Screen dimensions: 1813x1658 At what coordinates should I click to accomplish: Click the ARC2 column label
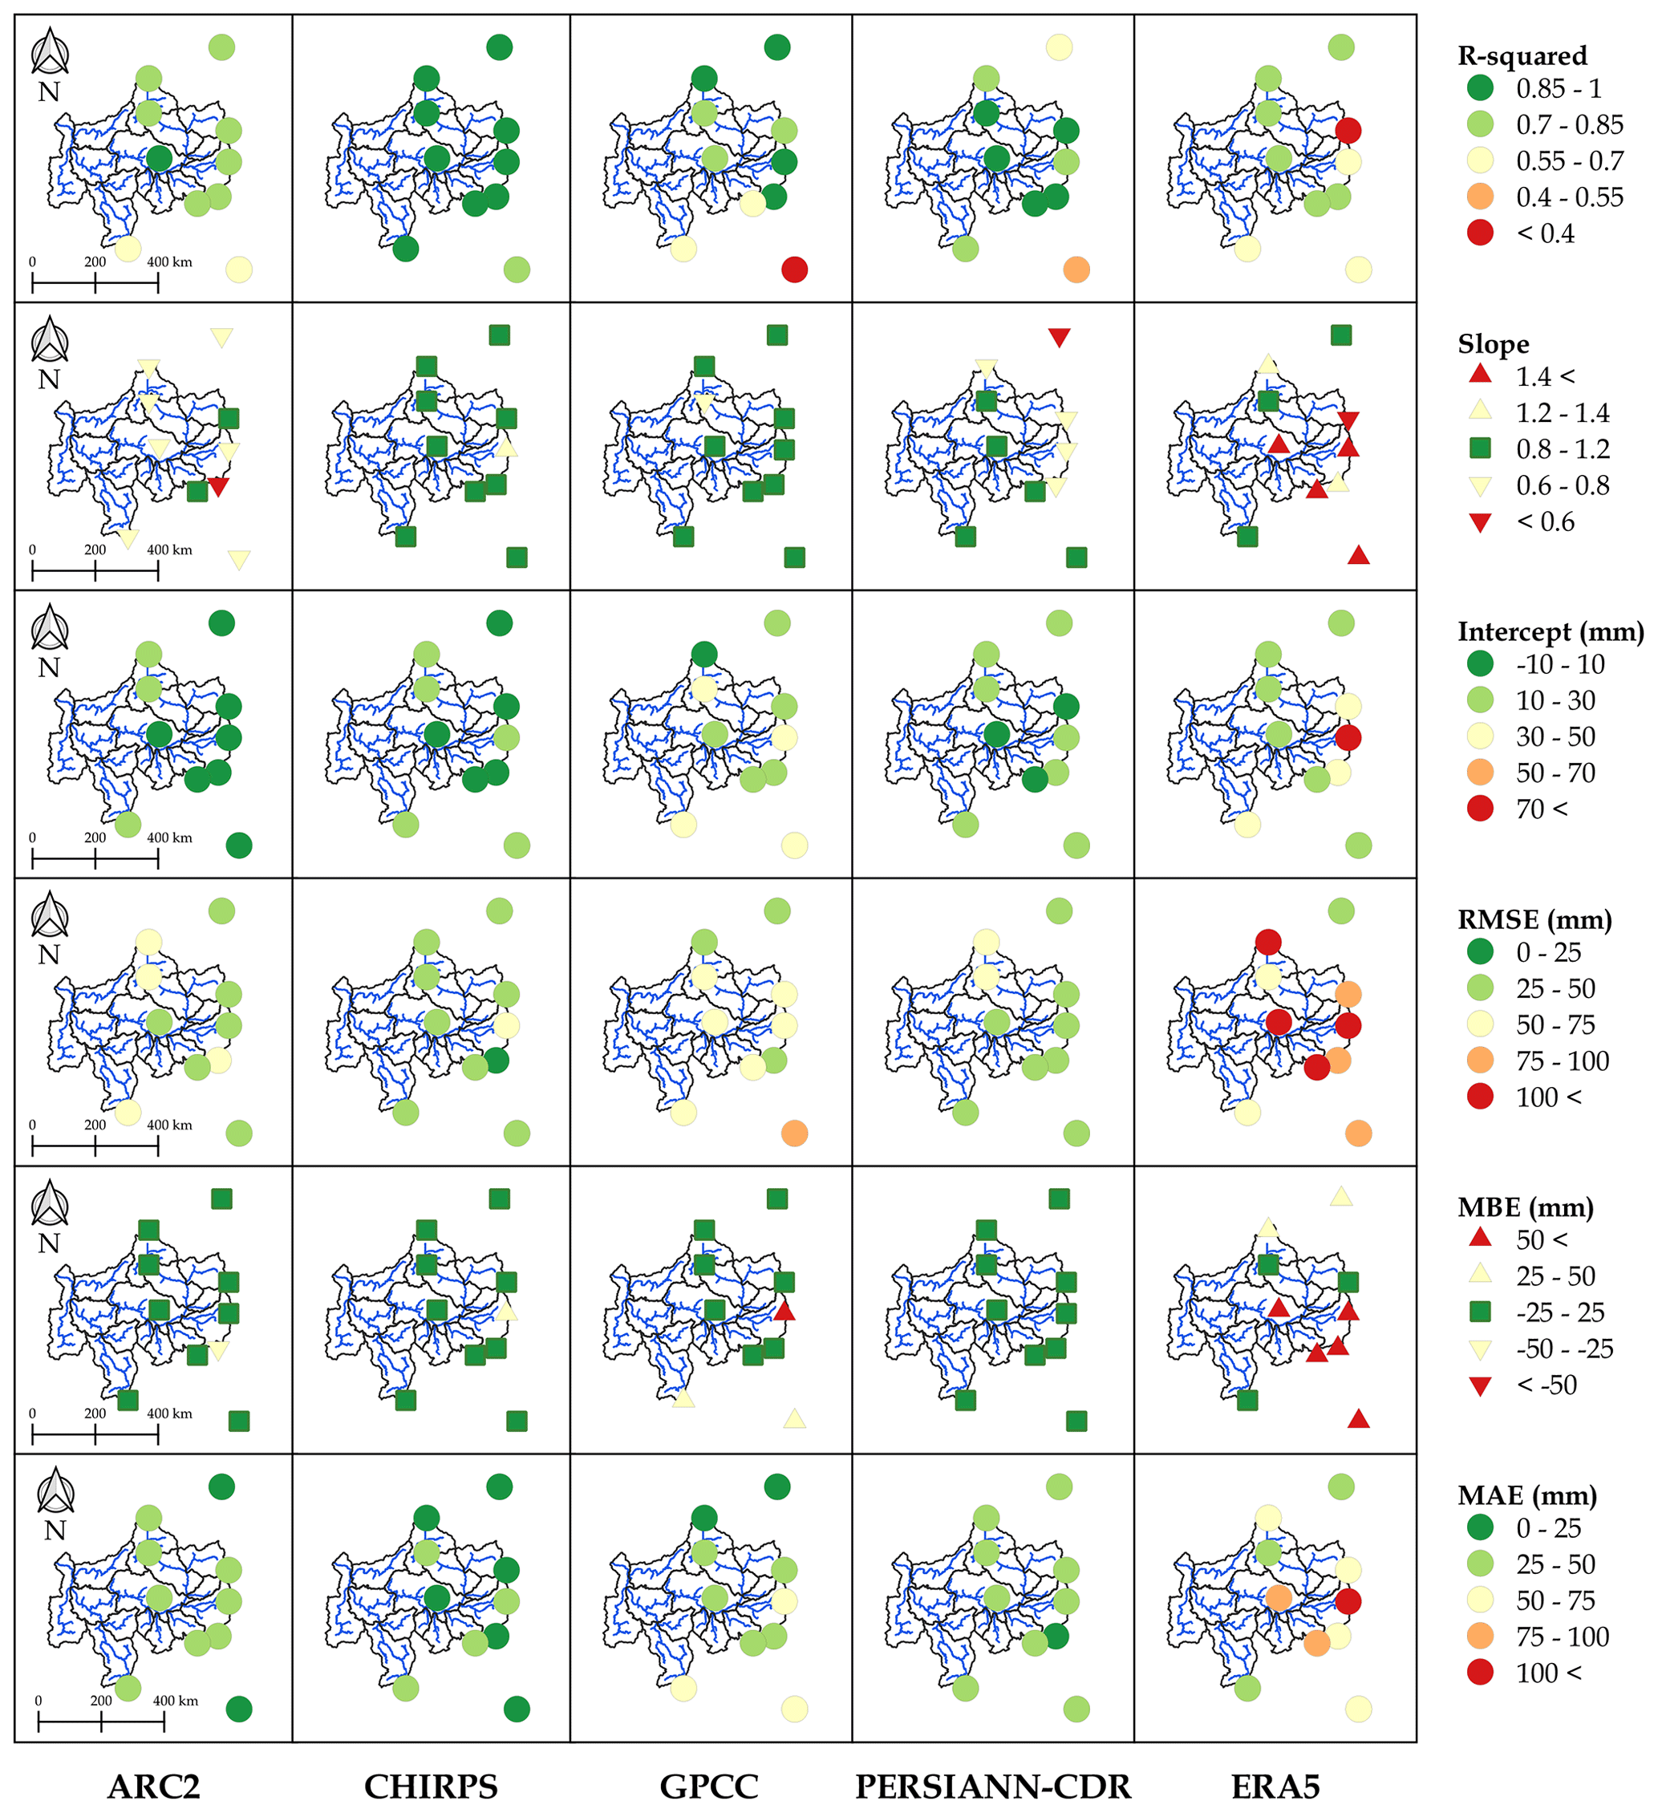154,1786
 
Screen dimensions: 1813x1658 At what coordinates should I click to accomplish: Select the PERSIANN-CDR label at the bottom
993,1786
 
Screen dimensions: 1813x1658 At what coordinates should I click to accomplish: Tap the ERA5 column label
1275,1786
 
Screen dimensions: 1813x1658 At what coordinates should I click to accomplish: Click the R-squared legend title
1522,56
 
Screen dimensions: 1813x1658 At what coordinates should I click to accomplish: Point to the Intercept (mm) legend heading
1550,631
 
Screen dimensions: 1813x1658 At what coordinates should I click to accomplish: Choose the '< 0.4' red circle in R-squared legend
1480,233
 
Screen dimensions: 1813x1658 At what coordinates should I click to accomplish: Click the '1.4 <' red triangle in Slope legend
1480,375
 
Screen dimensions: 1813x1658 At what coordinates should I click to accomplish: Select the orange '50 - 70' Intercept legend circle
1480,772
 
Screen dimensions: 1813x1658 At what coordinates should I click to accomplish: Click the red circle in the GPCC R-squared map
794,269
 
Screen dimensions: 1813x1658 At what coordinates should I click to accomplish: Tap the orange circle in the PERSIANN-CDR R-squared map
1076,269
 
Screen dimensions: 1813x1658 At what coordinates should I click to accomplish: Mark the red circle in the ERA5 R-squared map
1347,131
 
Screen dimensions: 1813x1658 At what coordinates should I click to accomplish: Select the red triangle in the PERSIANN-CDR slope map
1059,337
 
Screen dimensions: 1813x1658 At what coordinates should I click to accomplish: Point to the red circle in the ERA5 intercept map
1347,737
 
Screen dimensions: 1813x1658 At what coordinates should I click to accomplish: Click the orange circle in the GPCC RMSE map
794,1133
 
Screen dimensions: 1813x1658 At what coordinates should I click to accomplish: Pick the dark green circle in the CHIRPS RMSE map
497,1061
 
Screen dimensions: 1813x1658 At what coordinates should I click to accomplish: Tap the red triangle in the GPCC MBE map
784,1311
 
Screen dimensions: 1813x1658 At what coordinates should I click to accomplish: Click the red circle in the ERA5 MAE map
1347,1600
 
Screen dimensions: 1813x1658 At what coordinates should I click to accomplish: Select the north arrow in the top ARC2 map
51,52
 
